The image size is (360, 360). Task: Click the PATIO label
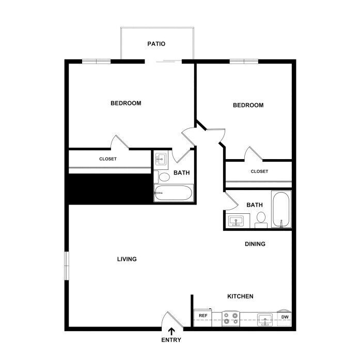(x=156, y=43)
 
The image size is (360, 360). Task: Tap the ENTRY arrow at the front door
(x=171, y=332)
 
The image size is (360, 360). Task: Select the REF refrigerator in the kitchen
(x=202, y=318)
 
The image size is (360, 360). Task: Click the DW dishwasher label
(x=285, y=317)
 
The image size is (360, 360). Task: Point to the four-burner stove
(x=231, y=319)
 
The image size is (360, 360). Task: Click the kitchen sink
(x=265, y=320)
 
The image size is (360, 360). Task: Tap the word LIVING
(x=127, y=259)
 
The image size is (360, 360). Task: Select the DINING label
(x=255, y=244)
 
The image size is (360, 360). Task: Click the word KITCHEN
(x=240, y=296)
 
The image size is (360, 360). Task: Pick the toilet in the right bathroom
(x=261, y=220)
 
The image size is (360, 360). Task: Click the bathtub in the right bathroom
(x=281, y=209)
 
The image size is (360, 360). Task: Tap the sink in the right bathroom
(x=236, y=221)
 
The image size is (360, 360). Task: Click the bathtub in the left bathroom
(x=174, y=193)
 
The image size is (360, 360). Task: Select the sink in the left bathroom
(x=161, y=158)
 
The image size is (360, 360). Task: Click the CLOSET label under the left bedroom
(x=108, y=159)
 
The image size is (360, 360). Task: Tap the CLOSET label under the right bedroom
(x=259, y=171)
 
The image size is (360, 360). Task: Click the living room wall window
(x=67, y=266)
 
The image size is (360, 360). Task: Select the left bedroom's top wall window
(x=97, y=61)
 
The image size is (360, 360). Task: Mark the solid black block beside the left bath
(x=110, y=189)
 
